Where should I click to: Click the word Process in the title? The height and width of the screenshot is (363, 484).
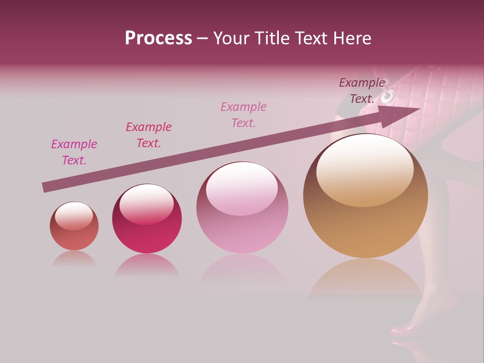click(158, 38)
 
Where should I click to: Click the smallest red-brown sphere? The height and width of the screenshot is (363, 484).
click(74, 226)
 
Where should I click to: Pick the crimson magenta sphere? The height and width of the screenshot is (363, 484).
click(147, 219)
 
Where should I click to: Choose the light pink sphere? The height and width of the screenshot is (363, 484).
click(242, 208)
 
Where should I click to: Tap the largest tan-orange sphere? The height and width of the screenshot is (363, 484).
click(366, 196)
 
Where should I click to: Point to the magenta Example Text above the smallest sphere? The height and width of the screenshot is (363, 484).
click(74, 152)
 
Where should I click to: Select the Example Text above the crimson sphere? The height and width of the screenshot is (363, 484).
click(149, 135)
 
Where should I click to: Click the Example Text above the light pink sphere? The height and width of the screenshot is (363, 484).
click(244, 114)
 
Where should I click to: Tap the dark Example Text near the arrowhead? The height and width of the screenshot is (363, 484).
click(361, 91)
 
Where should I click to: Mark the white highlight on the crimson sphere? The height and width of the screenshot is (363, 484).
click(146, 203)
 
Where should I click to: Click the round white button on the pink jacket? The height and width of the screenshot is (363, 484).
click(389, 95)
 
